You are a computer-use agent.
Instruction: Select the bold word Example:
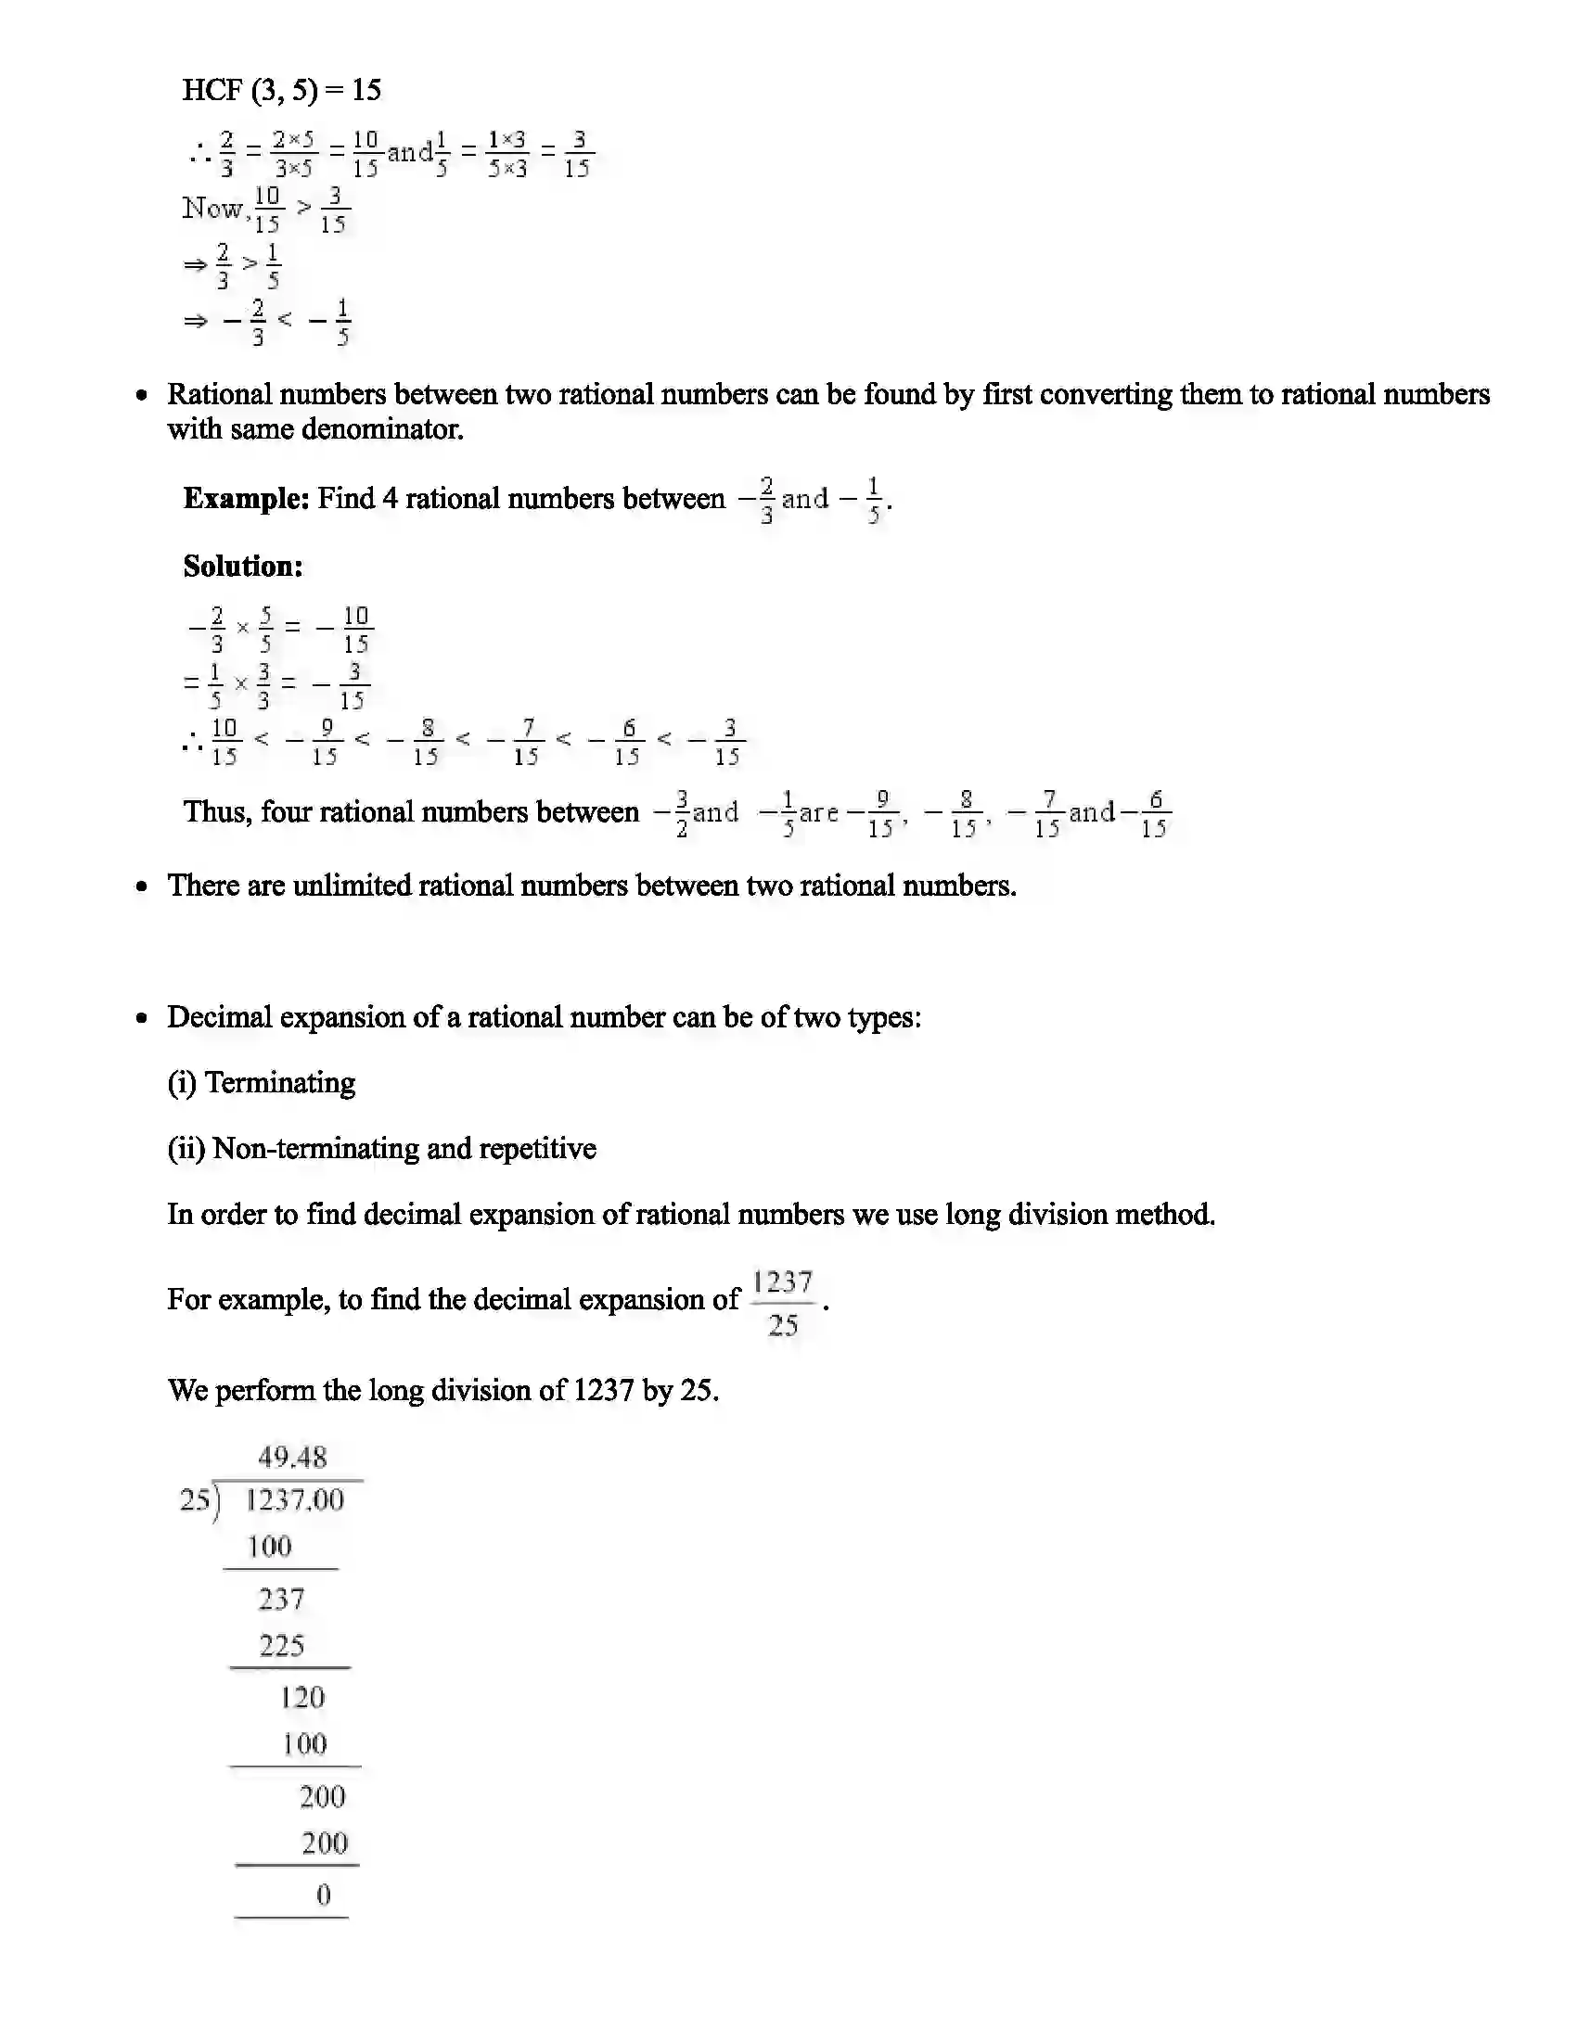coord(246,499)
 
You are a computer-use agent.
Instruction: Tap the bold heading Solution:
coord(243,566)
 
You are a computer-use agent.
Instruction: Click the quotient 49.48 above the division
coord(292,1458)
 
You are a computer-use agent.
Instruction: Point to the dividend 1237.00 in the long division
coord(294,1501)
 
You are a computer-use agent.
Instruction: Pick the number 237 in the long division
coord(281,1600)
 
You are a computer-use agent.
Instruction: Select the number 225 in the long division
coord(282,1646)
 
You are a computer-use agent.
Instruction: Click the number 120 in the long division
coord(301,1698)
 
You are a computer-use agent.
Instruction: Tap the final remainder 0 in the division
coord(323,1895)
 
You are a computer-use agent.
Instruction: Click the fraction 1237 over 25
coord(783,1303)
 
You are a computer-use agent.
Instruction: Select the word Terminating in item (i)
coord(280,1082)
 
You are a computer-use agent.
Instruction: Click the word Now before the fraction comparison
coord(213,208)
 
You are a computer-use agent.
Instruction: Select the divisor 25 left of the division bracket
coord(195,1501)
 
